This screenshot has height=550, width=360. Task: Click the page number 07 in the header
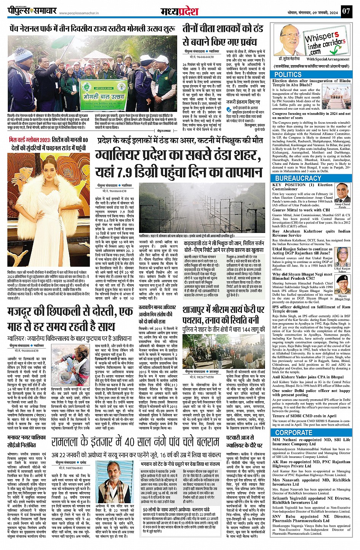pos(346,11)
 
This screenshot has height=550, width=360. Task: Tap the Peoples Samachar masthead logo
pos(34,11)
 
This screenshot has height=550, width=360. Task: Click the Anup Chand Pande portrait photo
pos(342,193)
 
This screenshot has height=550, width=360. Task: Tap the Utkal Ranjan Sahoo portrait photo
pos(342,257)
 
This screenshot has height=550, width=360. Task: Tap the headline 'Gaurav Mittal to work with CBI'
pos(301,210)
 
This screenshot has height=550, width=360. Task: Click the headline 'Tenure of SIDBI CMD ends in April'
pos(304,416)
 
